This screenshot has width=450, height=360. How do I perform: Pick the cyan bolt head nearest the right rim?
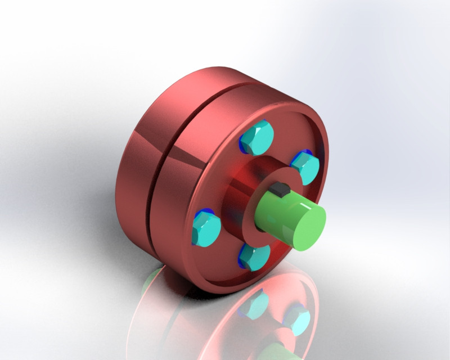click(307, 168)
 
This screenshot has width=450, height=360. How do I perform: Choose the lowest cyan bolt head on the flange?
click(254, 257)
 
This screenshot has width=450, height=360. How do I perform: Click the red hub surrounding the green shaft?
click(239, 191)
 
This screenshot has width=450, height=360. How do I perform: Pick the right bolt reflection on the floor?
click(297, 321)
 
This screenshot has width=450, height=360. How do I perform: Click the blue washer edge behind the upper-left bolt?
click(243, 144)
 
